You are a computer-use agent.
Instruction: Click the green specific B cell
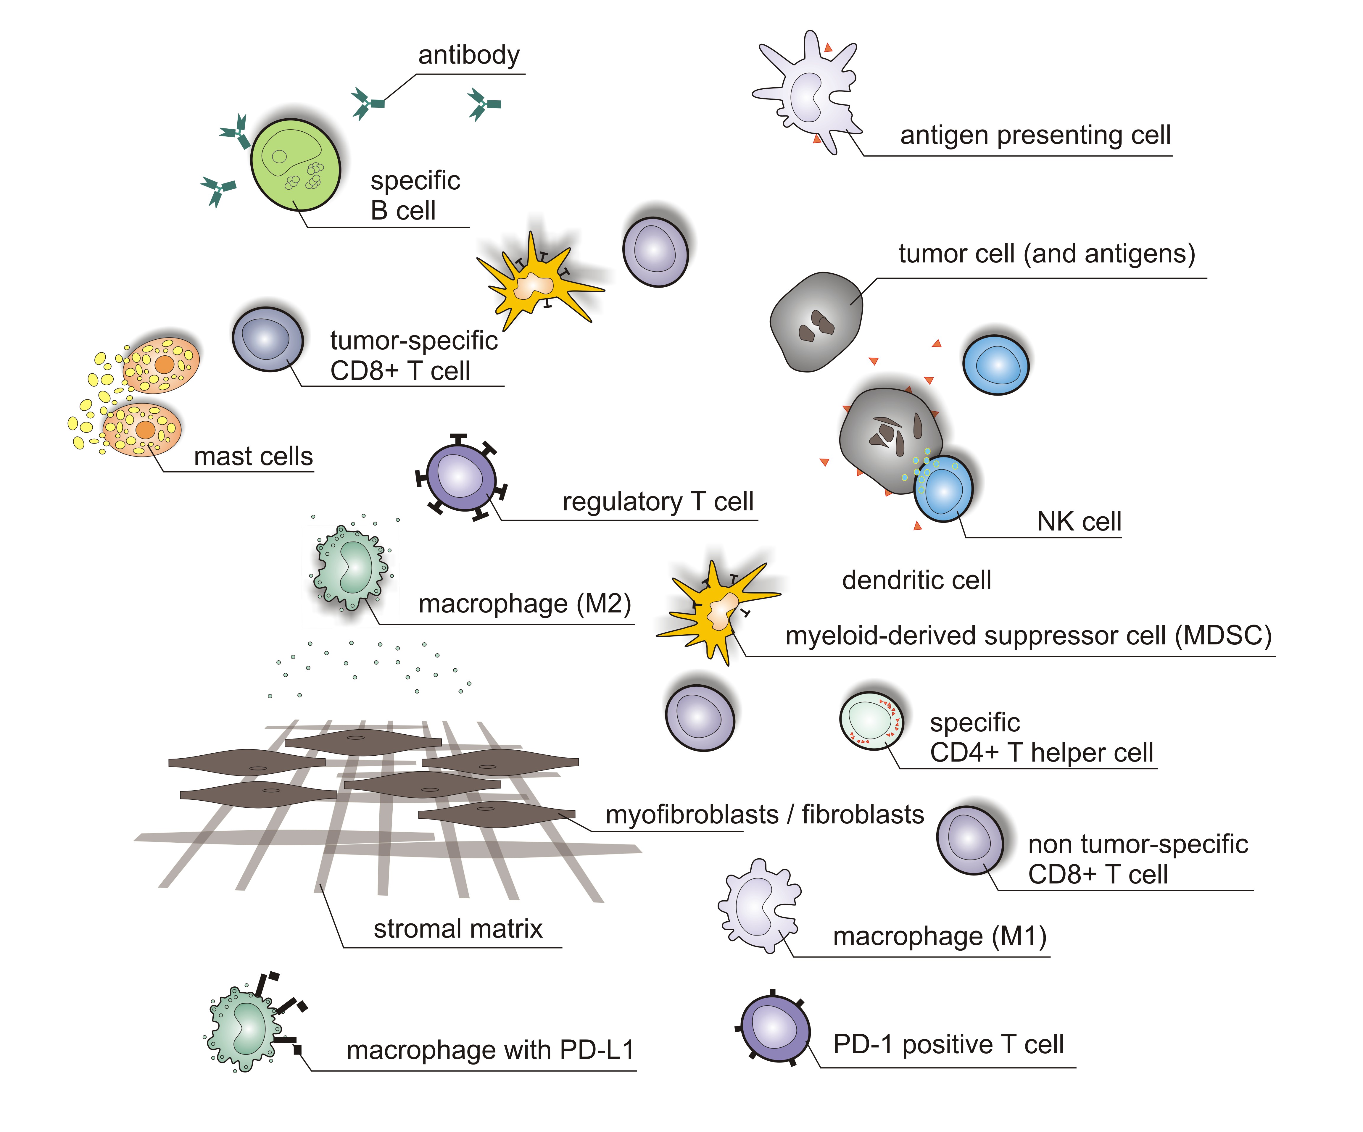tap(295, 165)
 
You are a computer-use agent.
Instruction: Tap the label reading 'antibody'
tap(469, 55)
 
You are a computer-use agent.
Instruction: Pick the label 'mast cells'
tap(253, 456)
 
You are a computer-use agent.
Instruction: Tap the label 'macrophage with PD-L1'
tap(490, 1049)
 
